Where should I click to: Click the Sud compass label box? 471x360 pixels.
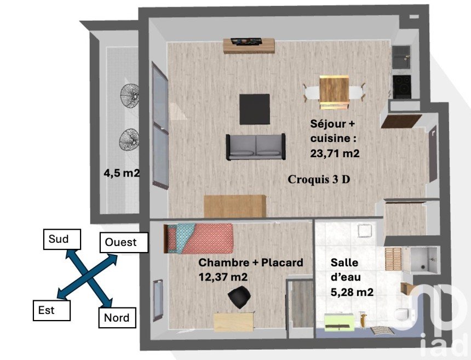coord(62,239)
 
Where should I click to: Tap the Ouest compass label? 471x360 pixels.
coord(124,242)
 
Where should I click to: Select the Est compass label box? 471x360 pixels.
coord(51,310)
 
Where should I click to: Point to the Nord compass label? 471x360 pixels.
coord(117,317)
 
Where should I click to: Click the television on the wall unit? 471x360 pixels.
coord(246,41)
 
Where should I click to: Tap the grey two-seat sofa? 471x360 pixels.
coord(256,147)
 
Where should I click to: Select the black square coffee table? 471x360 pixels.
coord(255,109)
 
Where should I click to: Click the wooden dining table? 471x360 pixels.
coord(334,92)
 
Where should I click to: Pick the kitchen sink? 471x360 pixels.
coord(401,57)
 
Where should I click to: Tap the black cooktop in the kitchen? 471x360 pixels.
coord(402,86)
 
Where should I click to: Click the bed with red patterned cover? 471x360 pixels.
coord(199,238)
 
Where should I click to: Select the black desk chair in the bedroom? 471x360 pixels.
coord(240,296)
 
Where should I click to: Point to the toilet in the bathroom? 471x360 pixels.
coord(403,315)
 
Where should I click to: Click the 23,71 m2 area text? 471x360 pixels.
coord(335,153)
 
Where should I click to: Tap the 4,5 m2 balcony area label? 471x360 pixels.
coord(122,173)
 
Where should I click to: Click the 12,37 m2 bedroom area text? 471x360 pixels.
coord(223,277)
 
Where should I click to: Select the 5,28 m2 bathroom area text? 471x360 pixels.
coord(352,292)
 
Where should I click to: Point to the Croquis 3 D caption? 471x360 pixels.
coord(319,179)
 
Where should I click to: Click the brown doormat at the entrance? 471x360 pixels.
coord(401,121)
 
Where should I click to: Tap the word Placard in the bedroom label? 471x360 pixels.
coord(282,262)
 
